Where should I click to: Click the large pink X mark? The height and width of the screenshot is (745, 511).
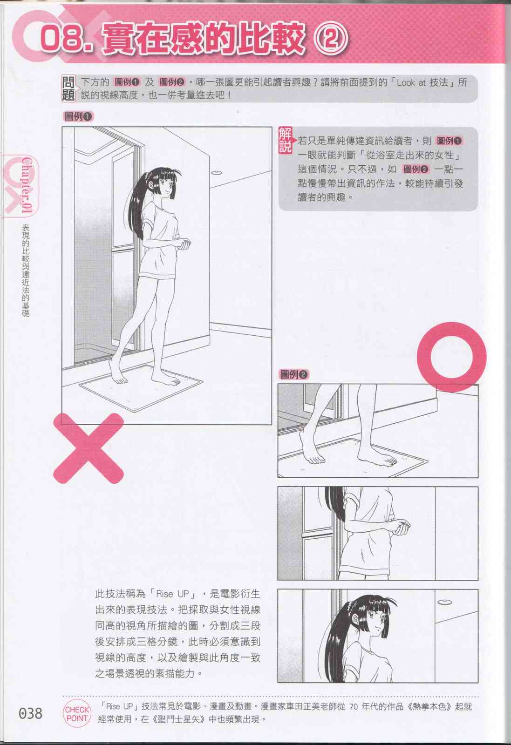click(89, 448)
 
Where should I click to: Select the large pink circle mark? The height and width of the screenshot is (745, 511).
click(451, 357)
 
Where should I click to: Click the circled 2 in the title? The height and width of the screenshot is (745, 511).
click(331, 37)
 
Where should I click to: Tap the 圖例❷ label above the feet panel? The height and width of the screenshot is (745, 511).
click(294, 374)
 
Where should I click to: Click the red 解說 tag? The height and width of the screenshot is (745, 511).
click(286, 140)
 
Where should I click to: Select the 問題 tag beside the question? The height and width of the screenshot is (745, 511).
click(68, 88)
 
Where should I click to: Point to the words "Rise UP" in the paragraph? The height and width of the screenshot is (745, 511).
click(172, 594)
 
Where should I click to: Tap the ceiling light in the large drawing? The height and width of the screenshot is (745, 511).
click(217, 173)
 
